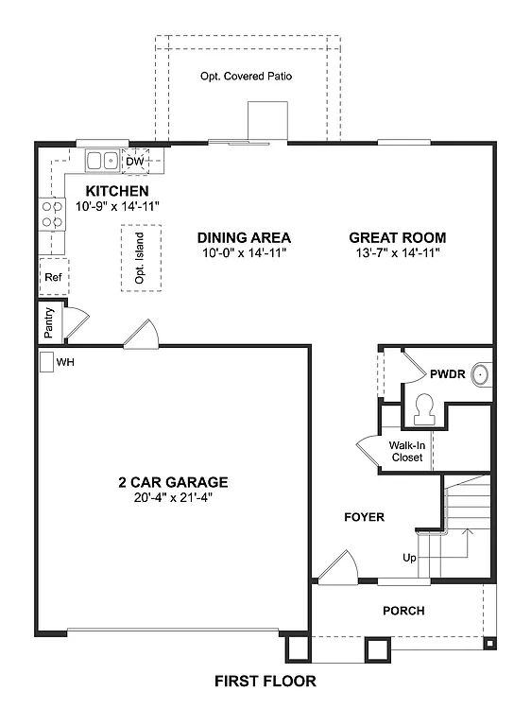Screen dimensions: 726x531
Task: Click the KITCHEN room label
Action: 117,190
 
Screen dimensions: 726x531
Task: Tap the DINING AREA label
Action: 244,238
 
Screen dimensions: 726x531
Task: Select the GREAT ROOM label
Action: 397,238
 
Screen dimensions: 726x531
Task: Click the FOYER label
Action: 364,517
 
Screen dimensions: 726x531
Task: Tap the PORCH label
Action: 403,611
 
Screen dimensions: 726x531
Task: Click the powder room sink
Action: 481,375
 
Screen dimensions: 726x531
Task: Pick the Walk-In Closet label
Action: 407,451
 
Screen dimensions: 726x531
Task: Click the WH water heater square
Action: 46,362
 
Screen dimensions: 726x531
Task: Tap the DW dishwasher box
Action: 134,162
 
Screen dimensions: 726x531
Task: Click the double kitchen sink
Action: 102,162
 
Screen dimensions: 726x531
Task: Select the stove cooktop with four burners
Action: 51,214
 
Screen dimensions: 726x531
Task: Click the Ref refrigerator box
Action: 53,278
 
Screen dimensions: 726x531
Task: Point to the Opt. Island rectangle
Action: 140,255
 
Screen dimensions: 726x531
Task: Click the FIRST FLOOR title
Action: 265,681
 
